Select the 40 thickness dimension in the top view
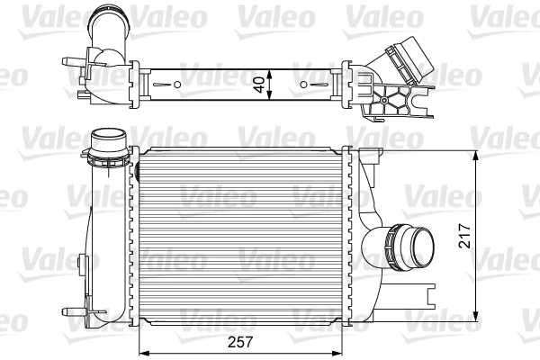(260, 84)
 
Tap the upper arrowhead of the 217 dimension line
(476, 153)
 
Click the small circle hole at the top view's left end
(176, 85)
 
